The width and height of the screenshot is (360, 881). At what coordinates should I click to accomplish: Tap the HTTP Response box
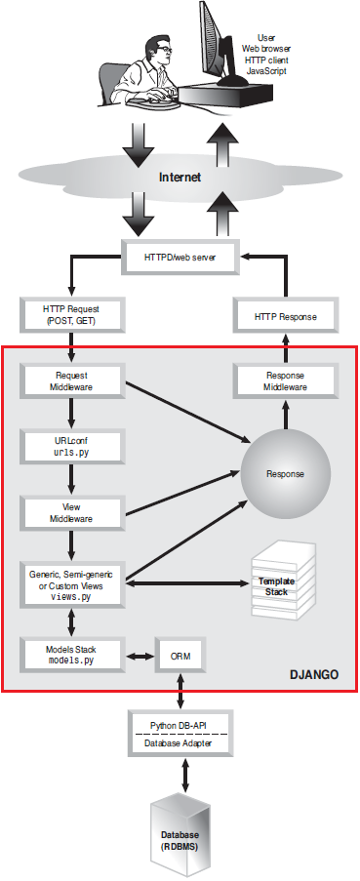tap(287, 317)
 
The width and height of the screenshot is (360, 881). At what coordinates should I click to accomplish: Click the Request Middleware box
tap(70, 380)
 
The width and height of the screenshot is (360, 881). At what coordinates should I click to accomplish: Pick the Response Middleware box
tap(287, 380)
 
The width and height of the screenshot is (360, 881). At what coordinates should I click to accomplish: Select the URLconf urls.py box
tap(70, 446)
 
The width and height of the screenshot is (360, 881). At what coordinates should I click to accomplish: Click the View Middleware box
tap(70, 512)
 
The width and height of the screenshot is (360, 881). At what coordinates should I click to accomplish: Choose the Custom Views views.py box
tap(70, 584)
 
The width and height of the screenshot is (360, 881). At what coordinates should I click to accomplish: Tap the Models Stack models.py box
tap(70, 653)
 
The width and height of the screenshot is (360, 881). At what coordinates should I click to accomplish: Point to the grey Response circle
tap(287, 474)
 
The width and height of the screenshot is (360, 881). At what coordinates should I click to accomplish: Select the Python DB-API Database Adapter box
tap(180, 731)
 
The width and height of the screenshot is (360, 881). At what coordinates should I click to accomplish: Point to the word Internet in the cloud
tap(180, 178)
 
